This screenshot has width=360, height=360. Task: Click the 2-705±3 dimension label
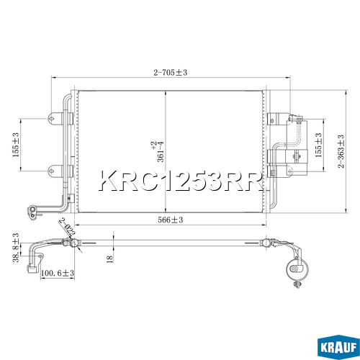[x=171, y=72]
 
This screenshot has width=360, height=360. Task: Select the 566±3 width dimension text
[x=171, y=220]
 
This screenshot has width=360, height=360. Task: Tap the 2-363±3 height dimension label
[x=341, y=151]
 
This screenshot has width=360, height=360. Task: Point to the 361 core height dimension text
[x=161, y=152]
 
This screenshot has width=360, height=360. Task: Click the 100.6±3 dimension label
[x=58, y=273]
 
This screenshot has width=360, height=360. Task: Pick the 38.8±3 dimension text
[x=16, y=247]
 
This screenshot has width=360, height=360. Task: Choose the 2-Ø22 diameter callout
[x=68, y=227]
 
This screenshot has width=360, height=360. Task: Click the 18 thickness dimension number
[x=109, y=259]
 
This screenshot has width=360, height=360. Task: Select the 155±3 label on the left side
[x=16, y=145]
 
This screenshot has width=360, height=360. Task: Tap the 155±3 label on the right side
[x=318, y=145]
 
